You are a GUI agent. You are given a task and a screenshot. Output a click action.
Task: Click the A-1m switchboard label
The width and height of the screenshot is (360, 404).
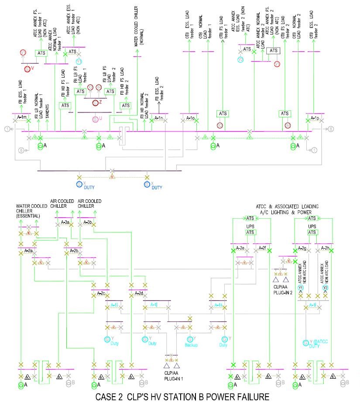[x=22, y=118]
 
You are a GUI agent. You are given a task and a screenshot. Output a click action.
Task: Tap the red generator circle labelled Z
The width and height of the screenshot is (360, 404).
[x=96, y=102]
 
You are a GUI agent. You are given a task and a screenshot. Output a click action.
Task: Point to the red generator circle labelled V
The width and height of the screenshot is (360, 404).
[x=27, y=68]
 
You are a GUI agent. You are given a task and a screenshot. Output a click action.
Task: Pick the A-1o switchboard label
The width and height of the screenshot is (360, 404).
[x=190, y=118]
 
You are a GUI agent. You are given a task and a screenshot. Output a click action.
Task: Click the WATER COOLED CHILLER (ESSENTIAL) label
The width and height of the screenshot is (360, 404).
[x=28, y=211]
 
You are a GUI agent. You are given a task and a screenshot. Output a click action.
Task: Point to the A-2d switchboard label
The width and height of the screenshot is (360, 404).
[x=139, y=293]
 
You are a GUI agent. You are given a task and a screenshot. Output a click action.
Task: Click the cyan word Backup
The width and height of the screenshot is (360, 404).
[x=191, y=345]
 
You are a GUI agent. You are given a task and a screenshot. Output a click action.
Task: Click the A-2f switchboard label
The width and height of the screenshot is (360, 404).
[x=261, y=248]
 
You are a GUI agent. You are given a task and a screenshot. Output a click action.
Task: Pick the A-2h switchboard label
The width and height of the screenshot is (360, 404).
[x=324, y=248]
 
